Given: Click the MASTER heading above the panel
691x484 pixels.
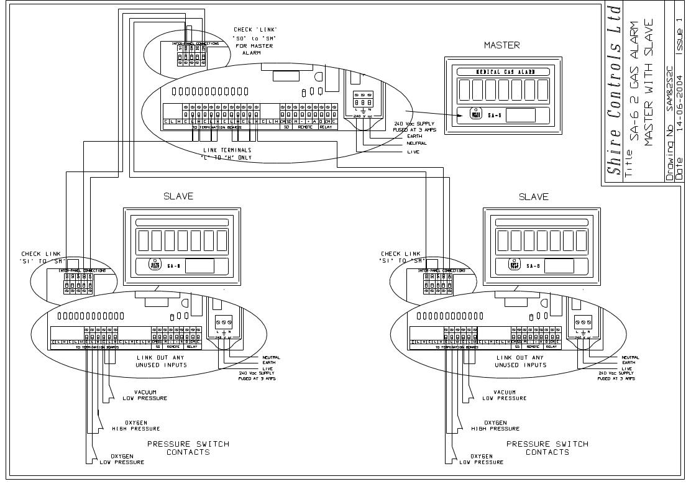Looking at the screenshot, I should tap(502, 45).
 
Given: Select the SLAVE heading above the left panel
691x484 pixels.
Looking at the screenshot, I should tap(178, 196).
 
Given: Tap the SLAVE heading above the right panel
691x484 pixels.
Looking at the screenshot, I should tap(534, 196).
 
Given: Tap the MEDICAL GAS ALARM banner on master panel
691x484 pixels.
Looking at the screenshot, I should tap(503, 72).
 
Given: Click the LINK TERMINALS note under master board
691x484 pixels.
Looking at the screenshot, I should tap(222, 153).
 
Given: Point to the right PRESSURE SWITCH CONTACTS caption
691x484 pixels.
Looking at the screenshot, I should tap(547, 448).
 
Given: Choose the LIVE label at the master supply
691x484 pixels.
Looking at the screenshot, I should tap(413, 152).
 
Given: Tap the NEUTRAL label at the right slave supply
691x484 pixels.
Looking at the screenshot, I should tap(630, 357).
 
